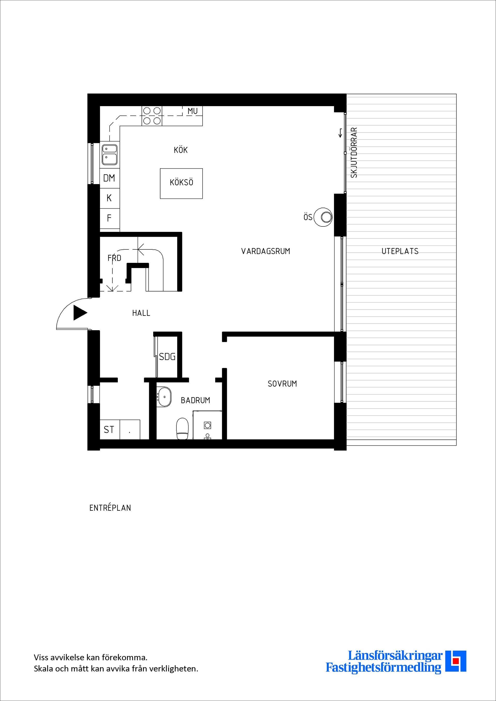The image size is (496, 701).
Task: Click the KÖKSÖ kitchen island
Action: point(181,184)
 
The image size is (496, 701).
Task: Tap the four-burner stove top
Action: point(152,116)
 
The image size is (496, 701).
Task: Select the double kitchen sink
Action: point(109,155)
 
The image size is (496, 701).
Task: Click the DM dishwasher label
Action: point(109,178)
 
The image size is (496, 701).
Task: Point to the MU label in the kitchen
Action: point(193,111)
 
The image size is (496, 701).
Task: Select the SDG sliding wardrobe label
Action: point(167,357)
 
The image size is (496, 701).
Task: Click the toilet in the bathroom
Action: point(183,429)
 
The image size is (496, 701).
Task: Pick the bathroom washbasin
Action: point(164,397)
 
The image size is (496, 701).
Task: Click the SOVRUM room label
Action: point(282,384)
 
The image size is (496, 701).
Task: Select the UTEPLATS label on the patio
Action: point(400,251)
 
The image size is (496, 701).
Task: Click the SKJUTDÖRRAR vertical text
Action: point(354,152)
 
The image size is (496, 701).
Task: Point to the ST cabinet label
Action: point(109,430)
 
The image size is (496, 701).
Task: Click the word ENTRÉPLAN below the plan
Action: point(110,508)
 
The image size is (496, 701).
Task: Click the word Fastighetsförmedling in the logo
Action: point(384,668)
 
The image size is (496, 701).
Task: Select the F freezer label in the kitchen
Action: point(109,218)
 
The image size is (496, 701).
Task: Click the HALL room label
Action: point(141,313)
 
